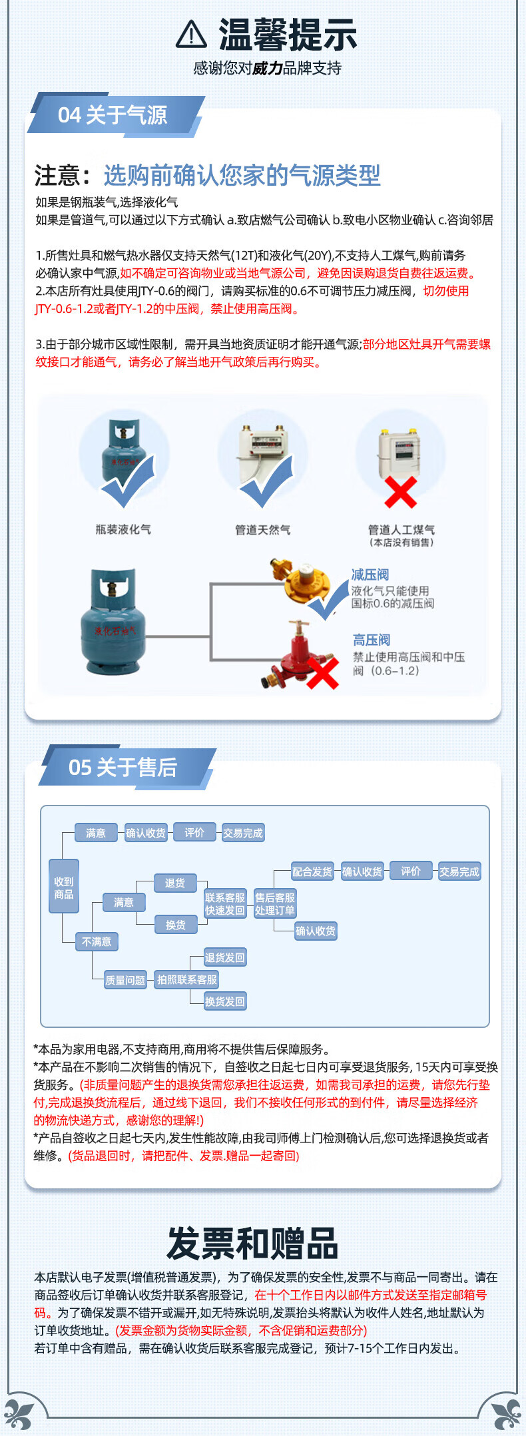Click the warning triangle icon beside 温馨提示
click(191, 35)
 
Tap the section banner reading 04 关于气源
click(113, 115)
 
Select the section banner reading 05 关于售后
click(123, 768)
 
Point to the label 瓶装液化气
click(123, 529)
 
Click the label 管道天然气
click(262, 530)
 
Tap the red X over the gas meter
click(400, 493)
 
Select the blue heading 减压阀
click(370, 575)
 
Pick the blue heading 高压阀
click(372, 640)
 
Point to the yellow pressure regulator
click(303, 579)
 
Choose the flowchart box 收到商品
click(64, 888)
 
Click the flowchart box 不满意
click(97, 941)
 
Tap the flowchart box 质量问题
click(125, 980)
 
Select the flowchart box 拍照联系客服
click(187, 980)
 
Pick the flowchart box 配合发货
click(312, 871)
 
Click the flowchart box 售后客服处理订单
click(274, 904)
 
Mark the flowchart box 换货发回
click(224, 1001)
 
